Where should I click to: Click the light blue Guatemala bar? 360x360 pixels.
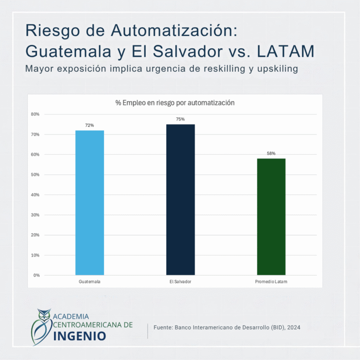(90, 202)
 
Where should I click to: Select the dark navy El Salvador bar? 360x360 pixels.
(180, 200)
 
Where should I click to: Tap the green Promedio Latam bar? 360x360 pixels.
(271, 217)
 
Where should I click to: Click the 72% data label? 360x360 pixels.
(90, 125)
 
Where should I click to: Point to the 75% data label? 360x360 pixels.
(180, 119)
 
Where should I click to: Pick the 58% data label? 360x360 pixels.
(271, 153)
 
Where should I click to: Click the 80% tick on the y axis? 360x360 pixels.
(35, 114)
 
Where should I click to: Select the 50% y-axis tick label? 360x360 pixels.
(35, 175)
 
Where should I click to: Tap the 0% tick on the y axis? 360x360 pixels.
(37, 275)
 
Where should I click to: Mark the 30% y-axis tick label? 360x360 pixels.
(35, 215)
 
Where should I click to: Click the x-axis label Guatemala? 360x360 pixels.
(90, 282)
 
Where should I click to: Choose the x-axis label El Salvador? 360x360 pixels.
(180, 282)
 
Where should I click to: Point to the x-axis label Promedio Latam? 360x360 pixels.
(271, 282)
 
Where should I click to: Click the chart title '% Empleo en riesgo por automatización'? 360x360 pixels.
(175, 103)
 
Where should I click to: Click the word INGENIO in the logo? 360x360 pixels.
(80, 336)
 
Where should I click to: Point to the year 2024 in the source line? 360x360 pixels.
(293, 327)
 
